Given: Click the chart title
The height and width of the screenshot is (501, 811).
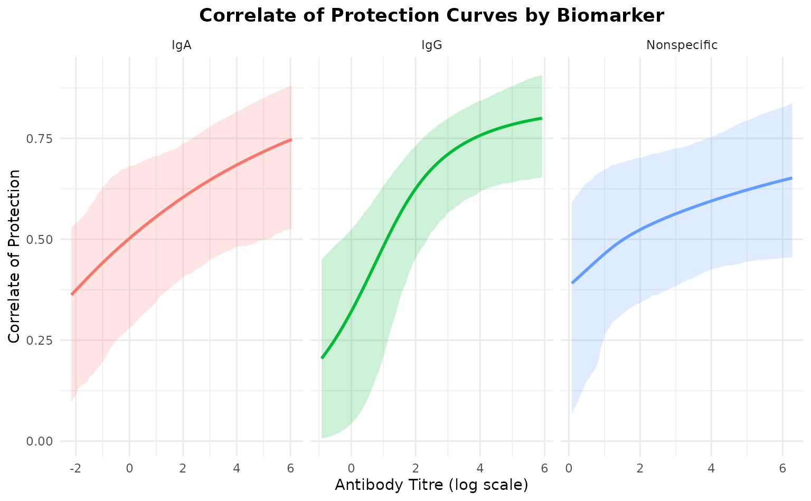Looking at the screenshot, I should (x=431, y=16).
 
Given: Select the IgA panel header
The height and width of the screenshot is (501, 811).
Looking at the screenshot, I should (x=182, y=45).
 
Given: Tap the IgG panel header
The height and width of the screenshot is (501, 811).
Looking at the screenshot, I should (x=431, y=45).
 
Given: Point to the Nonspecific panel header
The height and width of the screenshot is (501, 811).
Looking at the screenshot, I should (x=682, y=45).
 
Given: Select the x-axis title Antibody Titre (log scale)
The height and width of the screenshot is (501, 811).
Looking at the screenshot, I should (x=431, y=485).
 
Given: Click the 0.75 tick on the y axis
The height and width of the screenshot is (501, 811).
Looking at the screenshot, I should (x=41, y=138).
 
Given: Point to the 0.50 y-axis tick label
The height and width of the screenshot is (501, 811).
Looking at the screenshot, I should (x=41, y=239).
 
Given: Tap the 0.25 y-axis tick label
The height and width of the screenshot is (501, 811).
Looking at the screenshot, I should (x=41, y=340).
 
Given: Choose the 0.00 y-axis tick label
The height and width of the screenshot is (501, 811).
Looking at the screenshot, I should (x=41, y=441).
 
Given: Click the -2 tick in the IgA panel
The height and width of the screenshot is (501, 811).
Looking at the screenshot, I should (x=74, y=468).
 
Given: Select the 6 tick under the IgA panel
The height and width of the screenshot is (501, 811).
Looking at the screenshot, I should (x=291, y=468).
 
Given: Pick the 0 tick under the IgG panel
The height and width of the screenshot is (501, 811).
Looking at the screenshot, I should (x=351, y=468).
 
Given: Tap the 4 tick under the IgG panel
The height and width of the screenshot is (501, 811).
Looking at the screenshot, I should (x=480, y=468).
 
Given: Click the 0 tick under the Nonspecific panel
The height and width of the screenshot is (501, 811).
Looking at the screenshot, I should (x=569, y=468).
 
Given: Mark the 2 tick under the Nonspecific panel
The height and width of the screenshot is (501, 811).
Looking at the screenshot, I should (x=640, y=468).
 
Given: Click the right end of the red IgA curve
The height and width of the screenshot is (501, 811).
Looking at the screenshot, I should (x=291, y=139).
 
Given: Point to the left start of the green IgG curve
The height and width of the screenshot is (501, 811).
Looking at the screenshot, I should (x=322, y=357).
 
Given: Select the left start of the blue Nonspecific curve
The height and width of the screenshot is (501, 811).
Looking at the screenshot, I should (x=572, y=282).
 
